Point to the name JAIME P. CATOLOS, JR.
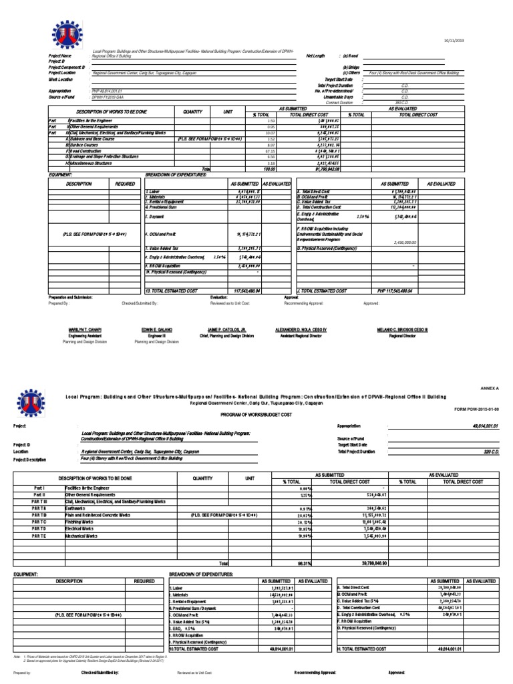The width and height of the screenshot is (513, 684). click(227, 330)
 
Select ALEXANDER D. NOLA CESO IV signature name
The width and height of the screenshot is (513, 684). click(301, 330)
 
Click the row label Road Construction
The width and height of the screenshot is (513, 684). click(87, 151)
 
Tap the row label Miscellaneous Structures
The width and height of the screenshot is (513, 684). click(94, 163)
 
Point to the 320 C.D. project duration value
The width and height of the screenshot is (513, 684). click(489, 452)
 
